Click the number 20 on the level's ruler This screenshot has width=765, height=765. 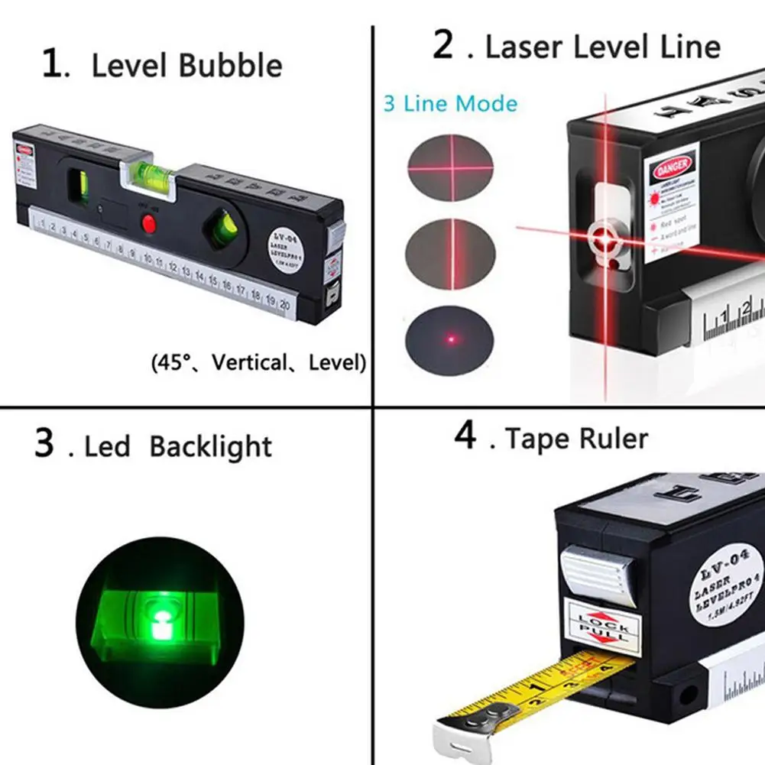coord(284,303)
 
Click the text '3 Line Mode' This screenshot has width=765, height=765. coord(450,104)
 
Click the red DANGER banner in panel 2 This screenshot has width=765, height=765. coord(673,164)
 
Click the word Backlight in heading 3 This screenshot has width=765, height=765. coord(210,446)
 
